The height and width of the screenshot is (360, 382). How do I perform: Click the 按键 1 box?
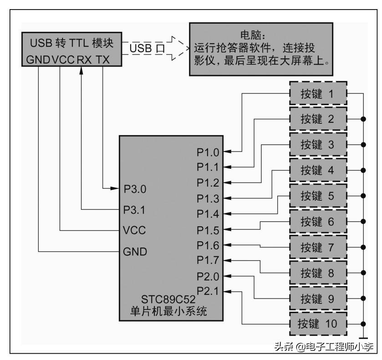click(x=318, y=94)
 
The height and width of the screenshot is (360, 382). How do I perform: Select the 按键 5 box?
click(x=318, y=196)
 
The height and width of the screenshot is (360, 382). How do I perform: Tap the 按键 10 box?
click(x=318, y=324)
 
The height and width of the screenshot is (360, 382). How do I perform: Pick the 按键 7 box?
click(x=318, y=247)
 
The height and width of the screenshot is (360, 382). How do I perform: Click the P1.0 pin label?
click(x=208, y=152)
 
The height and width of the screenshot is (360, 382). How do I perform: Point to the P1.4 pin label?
click(x=208, y=213)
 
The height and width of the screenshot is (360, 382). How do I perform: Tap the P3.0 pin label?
click(x=135, y=188)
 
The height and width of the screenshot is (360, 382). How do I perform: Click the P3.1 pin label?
click(x=135, y=210)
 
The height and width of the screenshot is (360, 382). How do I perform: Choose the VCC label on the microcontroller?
click(x=134, y=230)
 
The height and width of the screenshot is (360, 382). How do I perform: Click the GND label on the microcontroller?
click(x=135, y=252)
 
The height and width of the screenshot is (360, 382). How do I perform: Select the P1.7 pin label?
click(x=208, y=260)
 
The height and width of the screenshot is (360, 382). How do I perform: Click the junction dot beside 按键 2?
click(x=363, y=119)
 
